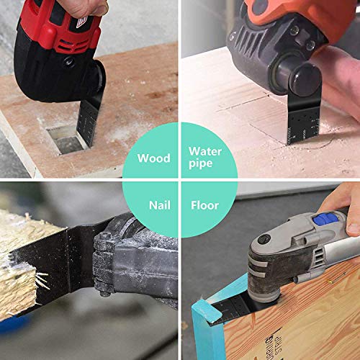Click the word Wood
coord(153,158)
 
